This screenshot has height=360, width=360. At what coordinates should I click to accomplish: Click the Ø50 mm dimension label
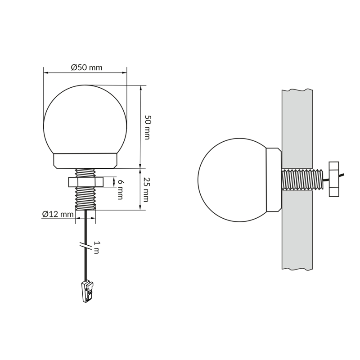click(x=86, y=67)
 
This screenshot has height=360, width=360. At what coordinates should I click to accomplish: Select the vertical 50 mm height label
click(x=147, y=127)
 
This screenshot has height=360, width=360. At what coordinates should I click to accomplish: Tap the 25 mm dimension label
click(x=146, y=189)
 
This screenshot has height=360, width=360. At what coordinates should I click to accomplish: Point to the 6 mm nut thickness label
click(x=121, y=189)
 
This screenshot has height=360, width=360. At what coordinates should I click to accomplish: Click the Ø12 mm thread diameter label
click(x=58, y=214)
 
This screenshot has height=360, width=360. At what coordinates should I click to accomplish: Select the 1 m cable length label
click(x=97, y=247)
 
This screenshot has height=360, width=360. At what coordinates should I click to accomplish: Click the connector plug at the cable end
click(x=88, y=291)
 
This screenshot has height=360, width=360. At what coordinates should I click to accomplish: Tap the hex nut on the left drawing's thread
click(x=85, y=182)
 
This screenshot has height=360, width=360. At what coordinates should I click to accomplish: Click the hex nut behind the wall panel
click(x=334, y=179)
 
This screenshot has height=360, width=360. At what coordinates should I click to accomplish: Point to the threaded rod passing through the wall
click(x=302, y=180)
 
